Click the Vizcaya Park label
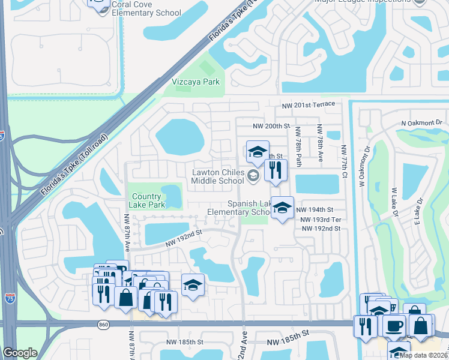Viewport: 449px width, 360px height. (x=196, y=82)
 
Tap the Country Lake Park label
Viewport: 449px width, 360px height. (x=147, y=200)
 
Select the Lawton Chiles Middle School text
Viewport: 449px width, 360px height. (x=217, y=176)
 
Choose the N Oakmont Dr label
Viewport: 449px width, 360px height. (x=421, y=123)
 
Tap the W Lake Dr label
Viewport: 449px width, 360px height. (x=394, y=201)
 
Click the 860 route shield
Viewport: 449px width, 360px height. (x=104, y=325)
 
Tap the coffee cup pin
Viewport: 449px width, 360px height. (x=394, y=326)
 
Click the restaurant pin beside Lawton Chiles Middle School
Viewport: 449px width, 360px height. (x=276, y=170)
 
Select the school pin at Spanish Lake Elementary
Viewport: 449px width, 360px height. (x=282, y=208)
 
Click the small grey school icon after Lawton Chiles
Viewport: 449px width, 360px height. (x=253, y=176)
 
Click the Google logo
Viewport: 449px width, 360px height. (x=20, y=353)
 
